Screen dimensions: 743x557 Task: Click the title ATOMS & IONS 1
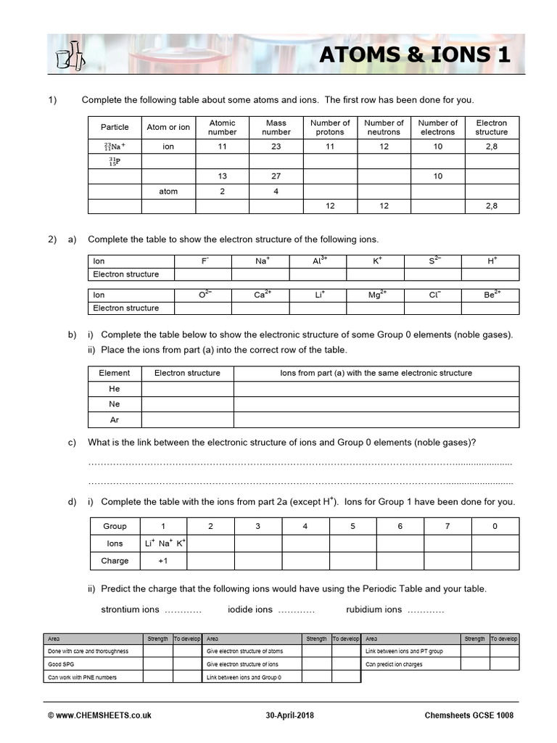point(414,55)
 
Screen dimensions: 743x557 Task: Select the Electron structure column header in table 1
point(491,128)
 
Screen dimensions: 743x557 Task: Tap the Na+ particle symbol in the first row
point(115,146)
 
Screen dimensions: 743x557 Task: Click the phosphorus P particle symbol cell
point(115,161)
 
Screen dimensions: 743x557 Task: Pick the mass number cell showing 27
point(276,176)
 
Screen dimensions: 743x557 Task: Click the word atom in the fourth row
point(168,192)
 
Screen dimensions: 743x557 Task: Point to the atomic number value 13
point(222,176)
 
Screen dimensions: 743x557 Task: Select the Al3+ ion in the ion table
point(318,260)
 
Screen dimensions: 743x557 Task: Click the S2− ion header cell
point(434,260)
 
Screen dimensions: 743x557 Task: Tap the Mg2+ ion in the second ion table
point(376,295)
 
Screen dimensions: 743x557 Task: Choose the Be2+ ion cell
point(491,295)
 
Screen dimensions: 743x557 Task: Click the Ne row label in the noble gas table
point(115,404)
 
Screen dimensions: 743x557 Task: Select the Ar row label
point(115,420)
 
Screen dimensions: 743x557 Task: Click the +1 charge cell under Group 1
point(163,561)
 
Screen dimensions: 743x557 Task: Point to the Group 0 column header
point(495,526)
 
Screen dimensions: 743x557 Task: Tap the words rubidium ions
point(374,609)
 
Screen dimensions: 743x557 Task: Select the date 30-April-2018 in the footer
point(293,715)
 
